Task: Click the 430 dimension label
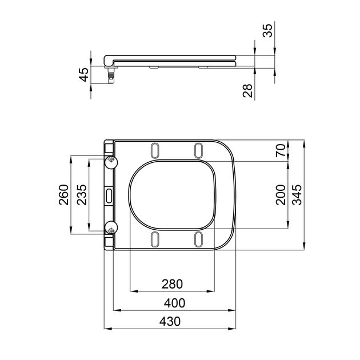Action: coord(170,322)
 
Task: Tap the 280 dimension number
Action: coord(172,283)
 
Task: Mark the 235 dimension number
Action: coord(82,195)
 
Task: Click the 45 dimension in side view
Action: coord(83,74)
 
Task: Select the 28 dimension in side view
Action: coord(247,90)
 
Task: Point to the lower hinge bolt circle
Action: coord(111,228)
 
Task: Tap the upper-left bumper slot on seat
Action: coord(155,149)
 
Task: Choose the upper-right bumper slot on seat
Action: coord(198,149)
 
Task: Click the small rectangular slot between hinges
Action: coord(109,195)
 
